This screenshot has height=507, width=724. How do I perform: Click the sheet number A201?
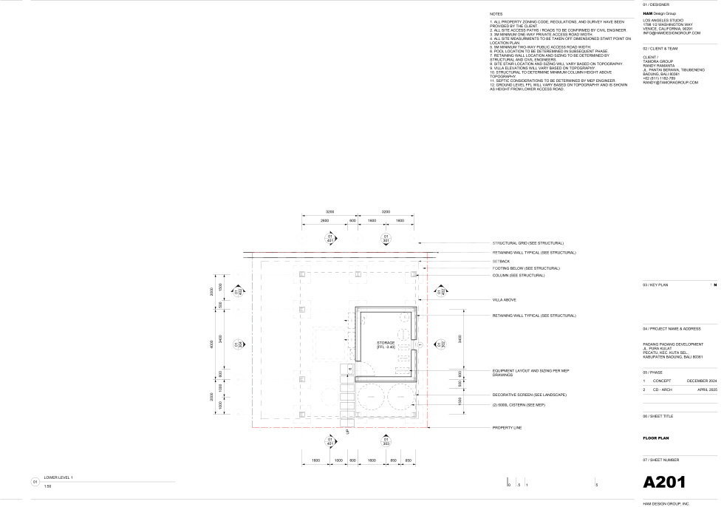point(664,483)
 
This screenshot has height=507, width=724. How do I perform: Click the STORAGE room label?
point(386,344)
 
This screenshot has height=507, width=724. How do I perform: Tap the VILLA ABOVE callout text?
point(504,299)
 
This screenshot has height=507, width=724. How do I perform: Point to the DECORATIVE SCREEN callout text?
point(529,395)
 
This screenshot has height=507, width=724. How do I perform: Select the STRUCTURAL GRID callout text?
point(527,243)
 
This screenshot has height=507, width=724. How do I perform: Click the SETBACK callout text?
point(501,261)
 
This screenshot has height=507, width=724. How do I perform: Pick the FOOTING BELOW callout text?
point(526,268)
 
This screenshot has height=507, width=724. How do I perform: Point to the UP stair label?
point(347,432)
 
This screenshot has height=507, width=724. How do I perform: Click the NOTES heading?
point(496,14)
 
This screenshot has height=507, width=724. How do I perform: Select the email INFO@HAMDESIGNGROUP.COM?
point(671,33)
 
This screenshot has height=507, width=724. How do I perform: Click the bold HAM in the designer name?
point(647,14)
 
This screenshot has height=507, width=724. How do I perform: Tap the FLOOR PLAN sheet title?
point(655,438)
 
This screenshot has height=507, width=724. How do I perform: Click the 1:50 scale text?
point(47,486)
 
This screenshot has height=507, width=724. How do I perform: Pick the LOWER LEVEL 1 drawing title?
point(58,477)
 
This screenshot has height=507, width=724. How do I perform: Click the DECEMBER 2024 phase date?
point(702,381)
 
